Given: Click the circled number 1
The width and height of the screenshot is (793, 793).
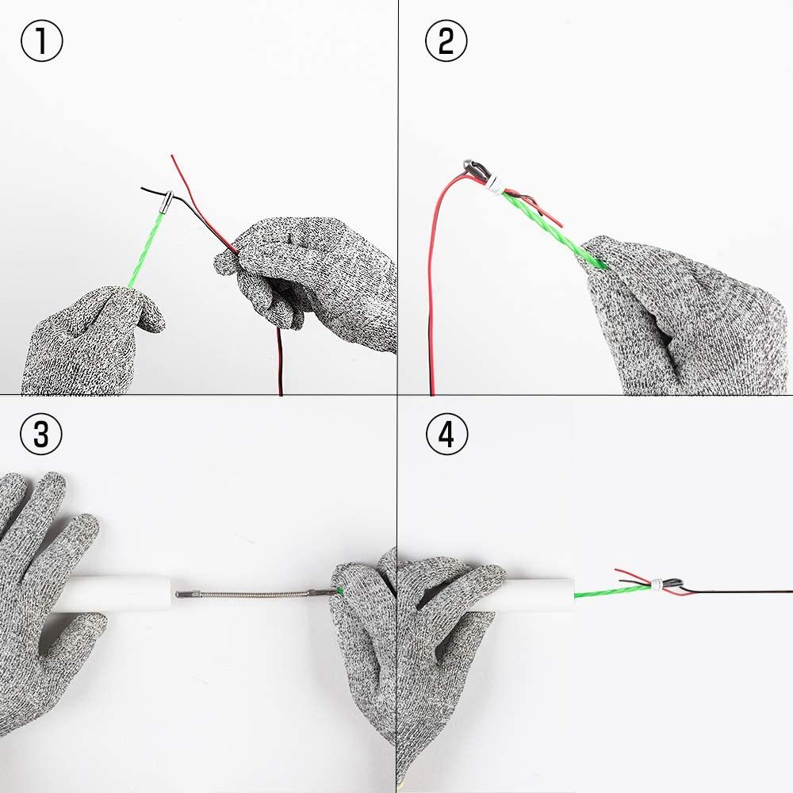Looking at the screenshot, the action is [42, 41].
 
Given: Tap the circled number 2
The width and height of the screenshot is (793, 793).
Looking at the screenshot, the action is [446, 40].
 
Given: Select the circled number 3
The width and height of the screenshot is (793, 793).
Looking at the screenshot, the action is [41, 434].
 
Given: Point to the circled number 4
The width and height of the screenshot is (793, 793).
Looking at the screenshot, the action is [446, 434].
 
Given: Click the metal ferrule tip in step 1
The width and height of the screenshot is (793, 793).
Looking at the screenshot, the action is [166, 201].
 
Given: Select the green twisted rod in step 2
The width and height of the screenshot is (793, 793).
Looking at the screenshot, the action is [551, 227].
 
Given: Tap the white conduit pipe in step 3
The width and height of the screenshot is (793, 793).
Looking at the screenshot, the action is [117, 594].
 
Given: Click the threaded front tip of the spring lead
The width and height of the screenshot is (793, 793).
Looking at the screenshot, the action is [183, 594].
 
